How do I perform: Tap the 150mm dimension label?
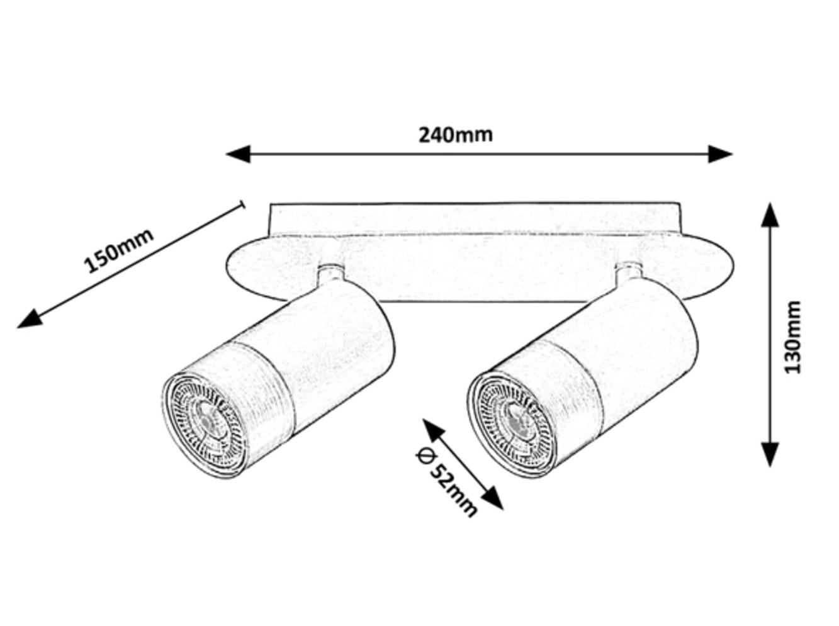click(119, 251)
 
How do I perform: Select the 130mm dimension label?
click(792, 337)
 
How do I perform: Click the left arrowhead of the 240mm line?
click(238, 154)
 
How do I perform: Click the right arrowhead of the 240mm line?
click(720, 154)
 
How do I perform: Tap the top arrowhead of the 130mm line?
click(770, 215)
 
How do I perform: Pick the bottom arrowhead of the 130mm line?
click(770, 454)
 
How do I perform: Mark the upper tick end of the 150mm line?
click(242, 204)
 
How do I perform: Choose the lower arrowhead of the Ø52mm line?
click(492, 498)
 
